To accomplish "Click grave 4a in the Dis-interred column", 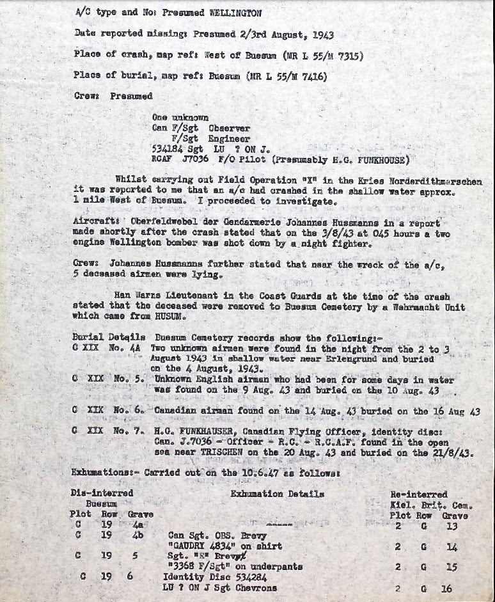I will (x=139, y=526).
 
